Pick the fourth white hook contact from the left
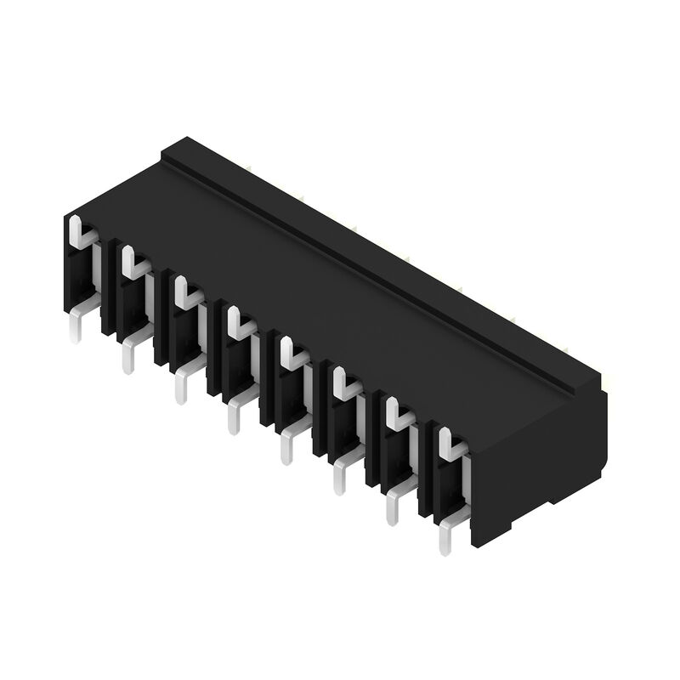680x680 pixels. [237, 324]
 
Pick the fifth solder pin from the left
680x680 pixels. [287, 448]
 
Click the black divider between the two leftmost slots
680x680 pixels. [108, 289]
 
